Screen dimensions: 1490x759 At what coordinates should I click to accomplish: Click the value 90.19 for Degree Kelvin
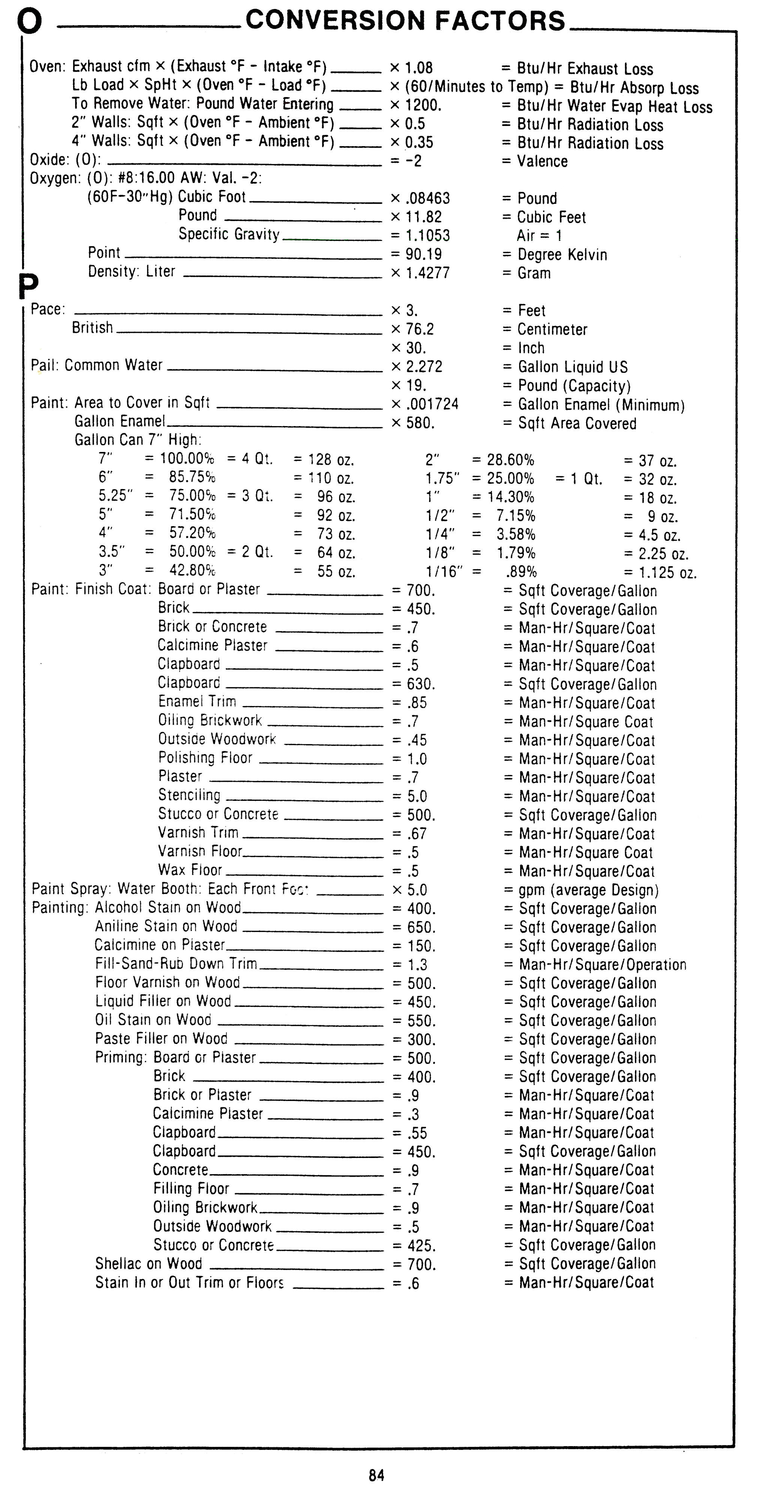[x=423, y=254]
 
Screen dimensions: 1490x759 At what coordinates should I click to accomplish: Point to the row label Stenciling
[x=189, y=795]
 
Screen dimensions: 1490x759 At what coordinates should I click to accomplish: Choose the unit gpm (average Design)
[x=588, y=890]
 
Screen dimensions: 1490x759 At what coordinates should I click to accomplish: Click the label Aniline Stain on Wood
[x=166, y=927]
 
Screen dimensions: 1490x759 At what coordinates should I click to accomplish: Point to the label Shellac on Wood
[x=149, y=1264]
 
